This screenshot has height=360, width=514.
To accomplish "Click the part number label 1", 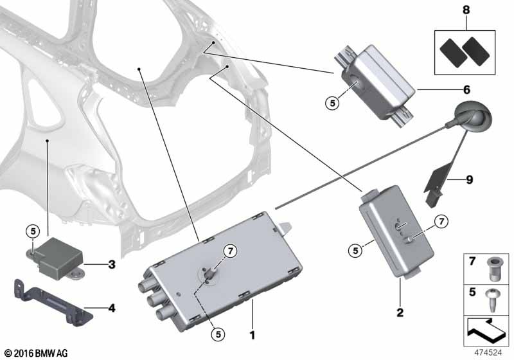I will click(x=253, y=335).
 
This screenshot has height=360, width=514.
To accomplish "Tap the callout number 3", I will click(x=111, y=264).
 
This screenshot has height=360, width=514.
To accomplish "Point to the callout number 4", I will click(x=111, y=308).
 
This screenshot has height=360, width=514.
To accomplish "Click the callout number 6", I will click(x=466, y=89).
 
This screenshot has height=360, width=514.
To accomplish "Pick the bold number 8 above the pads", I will click(x=466, y=11).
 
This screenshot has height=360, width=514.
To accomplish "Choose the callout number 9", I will click(x=469, y=180).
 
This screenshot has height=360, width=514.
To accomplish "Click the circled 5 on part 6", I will click(x=331, y=102).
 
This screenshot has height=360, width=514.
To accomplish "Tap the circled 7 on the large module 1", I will click(x=229, y=251).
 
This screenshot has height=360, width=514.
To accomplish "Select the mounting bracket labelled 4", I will click(x=48, y=300).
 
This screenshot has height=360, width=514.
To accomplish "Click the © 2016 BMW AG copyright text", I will click(x=35, y=353).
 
